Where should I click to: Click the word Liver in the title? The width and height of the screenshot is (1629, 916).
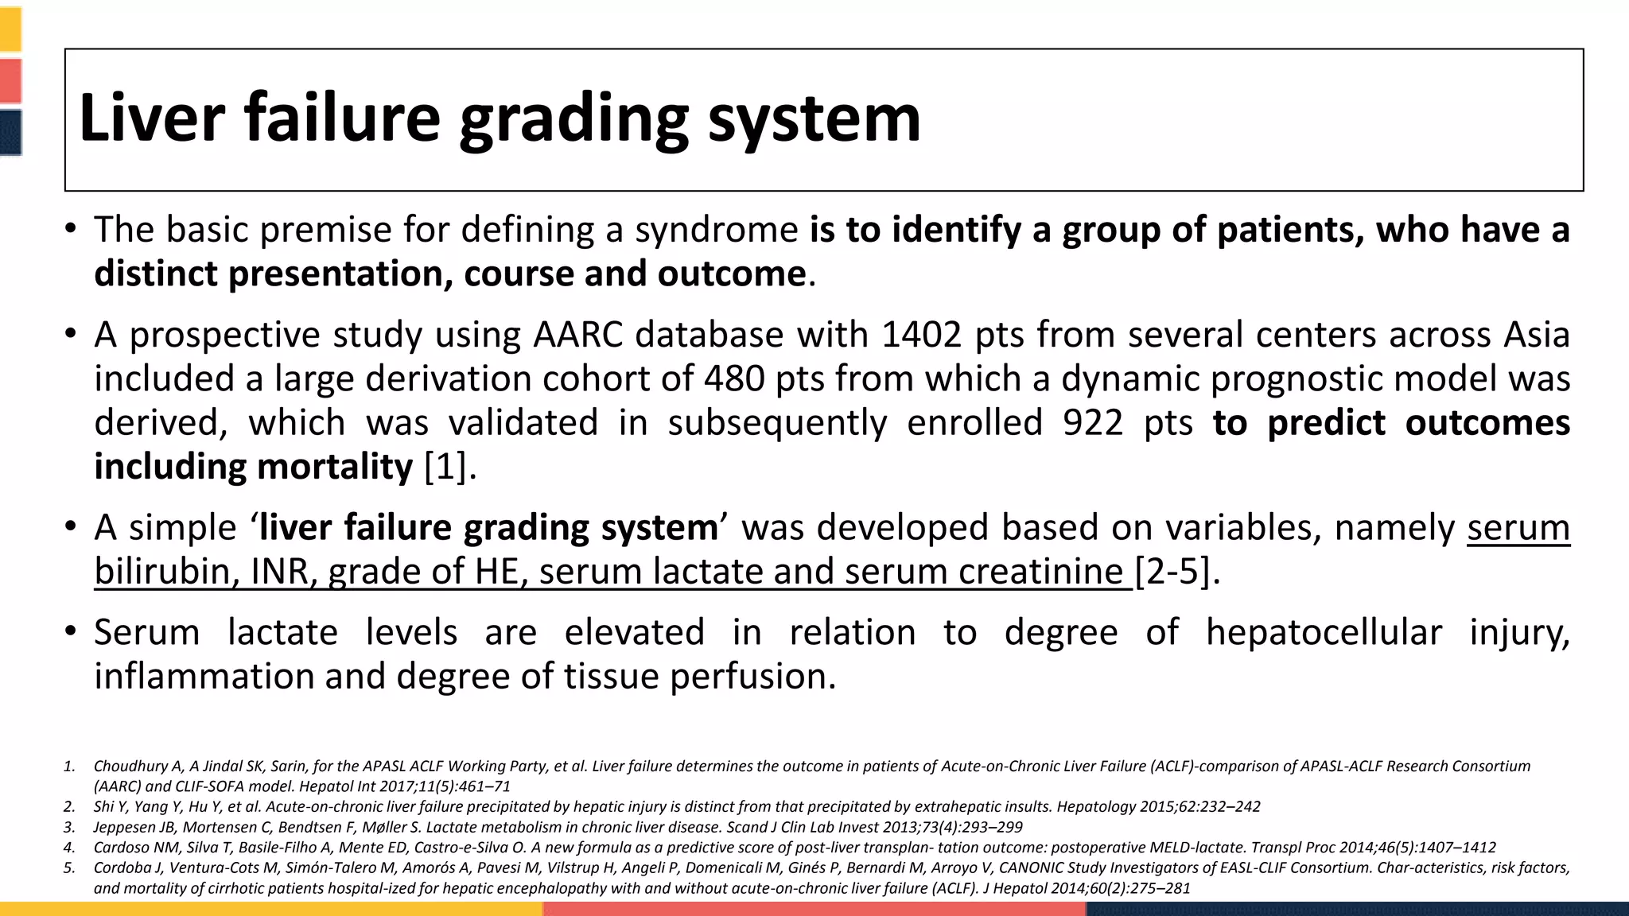click(152, 118)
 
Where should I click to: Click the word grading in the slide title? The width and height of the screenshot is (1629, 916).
click(573, 119)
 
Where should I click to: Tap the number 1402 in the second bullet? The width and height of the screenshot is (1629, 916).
click(922, 335)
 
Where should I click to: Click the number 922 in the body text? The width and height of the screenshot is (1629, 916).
click(1092, 422)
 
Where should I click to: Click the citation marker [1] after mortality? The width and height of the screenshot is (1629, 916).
click(445, 466)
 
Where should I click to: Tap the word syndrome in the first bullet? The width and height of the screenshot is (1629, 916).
click(716, 230)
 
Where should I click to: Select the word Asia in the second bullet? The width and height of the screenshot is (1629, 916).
click(1537, 335)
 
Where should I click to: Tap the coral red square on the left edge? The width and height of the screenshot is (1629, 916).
click(10, 80)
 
